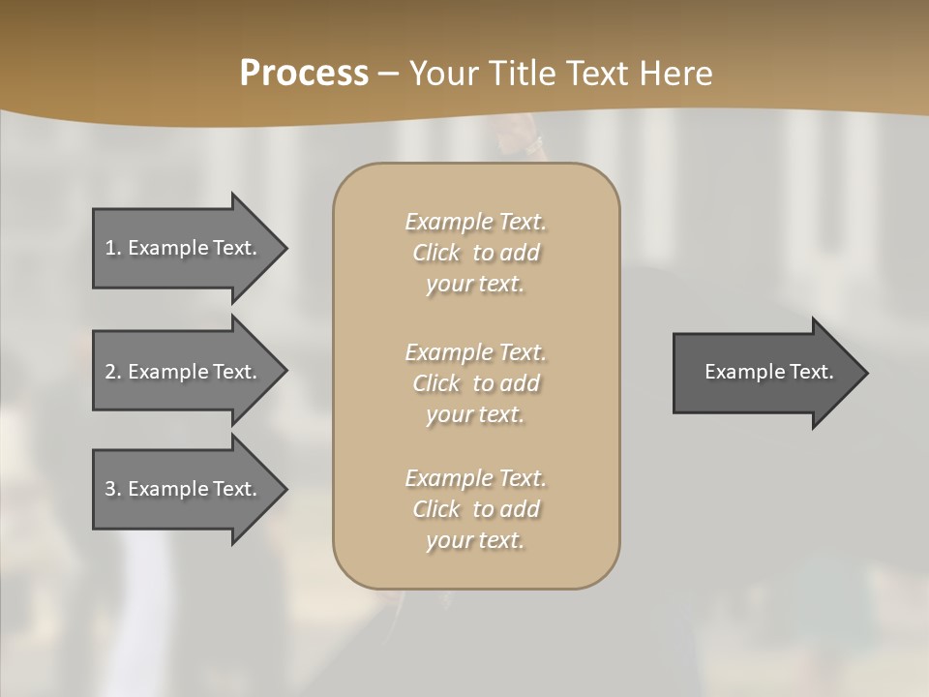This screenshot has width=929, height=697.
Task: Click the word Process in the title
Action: coord(304,74)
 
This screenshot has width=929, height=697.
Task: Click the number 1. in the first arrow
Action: coord(112,248)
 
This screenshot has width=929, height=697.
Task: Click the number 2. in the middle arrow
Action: coord(112,372)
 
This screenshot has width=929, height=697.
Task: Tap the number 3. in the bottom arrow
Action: coord(112,489)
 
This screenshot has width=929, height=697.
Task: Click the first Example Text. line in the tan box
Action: coord(475,222)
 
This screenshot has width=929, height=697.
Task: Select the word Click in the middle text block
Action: coord(436,383)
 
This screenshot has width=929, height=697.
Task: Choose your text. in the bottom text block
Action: coord(475,540)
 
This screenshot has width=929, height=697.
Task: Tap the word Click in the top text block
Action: coord(436,253)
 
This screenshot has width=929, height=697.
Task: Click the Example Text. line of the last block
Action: coord(475,478)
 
